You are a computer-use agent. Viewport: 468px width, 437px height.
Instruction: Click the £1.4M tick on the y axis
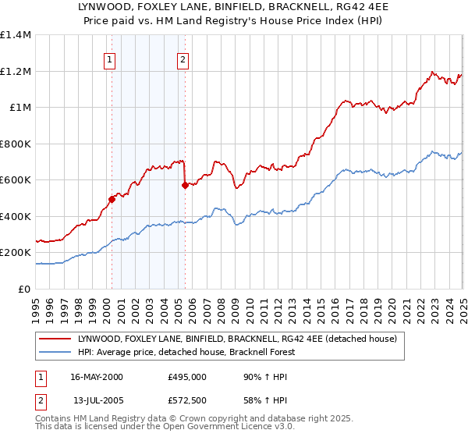(x=15, y=35)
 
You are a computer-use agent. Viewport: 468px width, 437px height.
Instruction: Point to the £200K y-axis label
(x=15, y=253)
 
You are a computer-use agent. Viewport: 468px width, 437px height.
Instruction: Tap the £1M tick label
(x=19, y=108)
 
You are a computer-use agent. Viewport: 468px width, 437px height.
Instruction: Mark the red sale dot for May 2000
(x=112, y=199)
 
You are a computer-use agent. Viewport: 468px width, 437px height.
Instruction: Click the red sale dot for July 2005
(x=185, y=185)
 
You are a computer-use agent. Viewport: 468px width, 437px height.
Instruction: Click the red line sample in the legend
(x=55, y=339)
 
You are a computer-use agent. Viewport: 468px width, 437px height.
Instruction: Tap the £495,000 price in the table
(x=187, y=376)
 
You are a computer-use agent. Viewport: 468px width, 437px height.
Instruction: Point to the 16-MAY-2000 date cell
(x=97, y=376)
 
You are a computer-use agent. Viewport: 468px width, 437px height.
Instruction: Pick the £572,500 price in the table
(x=187, y=400)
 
